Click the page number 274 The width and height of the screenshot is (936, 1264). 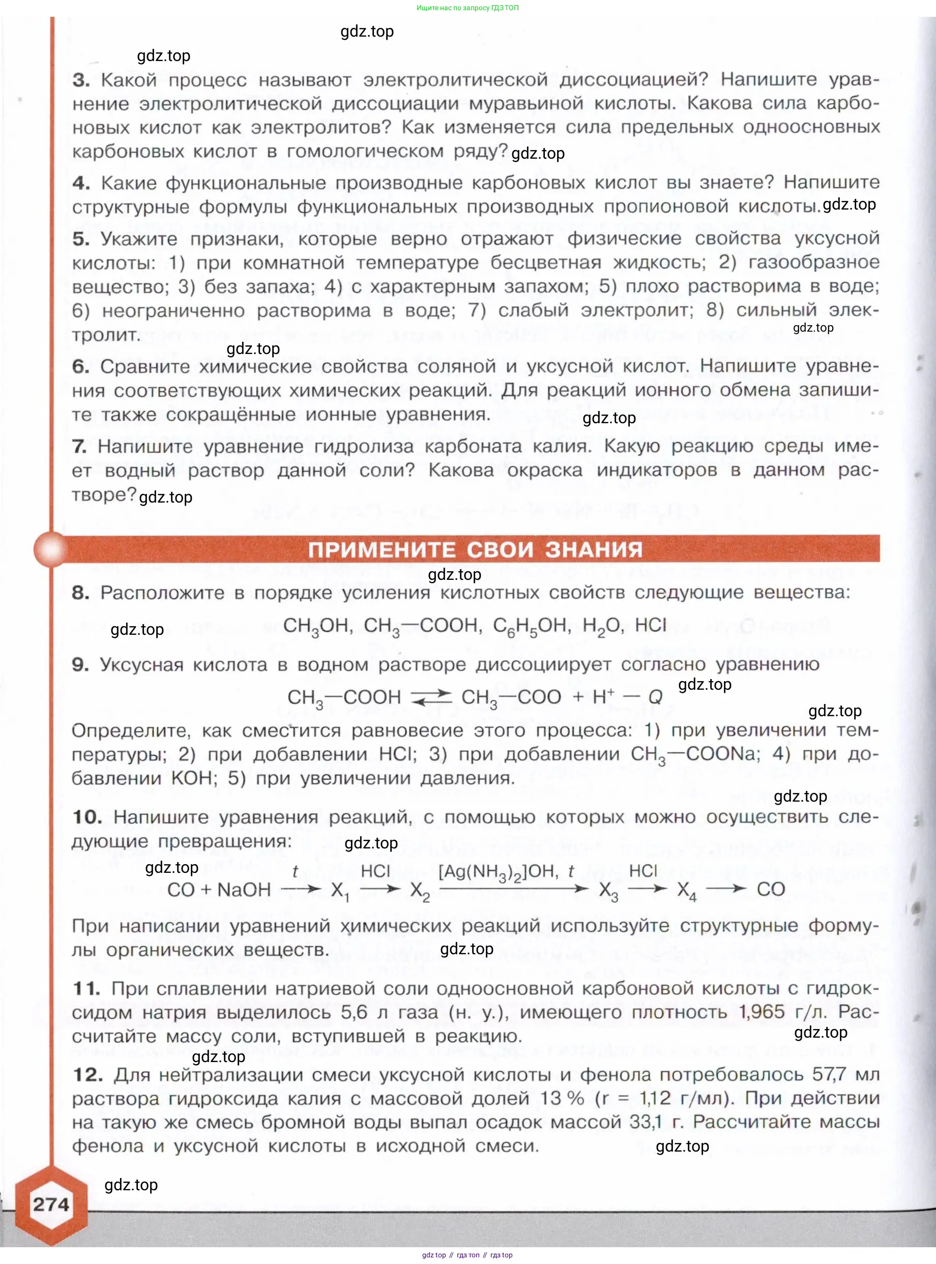[x=50, y=1204]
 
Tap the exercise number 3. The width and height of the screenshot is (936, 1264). [x=81, y=80]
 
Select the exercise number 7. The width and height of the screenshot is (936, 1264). [x=79, y=447]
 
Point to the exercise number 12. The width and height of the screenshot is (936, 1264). [x=88, y=1074]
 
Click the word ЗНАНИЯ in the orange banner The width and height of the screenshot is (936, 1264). [x=594, y=549]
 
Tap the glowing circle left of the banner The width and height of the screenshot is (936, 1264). [x=51, y=549]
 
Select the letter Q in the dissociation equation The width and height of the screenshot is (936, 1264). [x=656, y=697]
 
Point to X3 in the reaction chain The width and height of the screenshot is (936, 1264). [x=608, y=891]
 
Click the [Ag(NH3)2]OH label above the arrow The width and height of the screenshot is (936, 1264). [x=499, y=871]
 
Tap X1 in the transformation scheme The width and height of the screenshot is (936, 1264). [x=340, y=891]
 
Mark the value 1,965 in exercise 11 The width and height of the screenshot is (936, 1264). [x=762, y=1012]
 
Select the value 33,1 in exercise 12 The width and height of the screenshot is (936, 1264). [x=646, y=1122]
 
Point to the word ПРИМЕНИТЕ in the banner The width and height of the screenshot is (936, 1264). [x=382, y=549]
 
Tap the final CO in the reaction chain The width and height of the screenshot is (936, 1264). [x=771, y=890]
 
